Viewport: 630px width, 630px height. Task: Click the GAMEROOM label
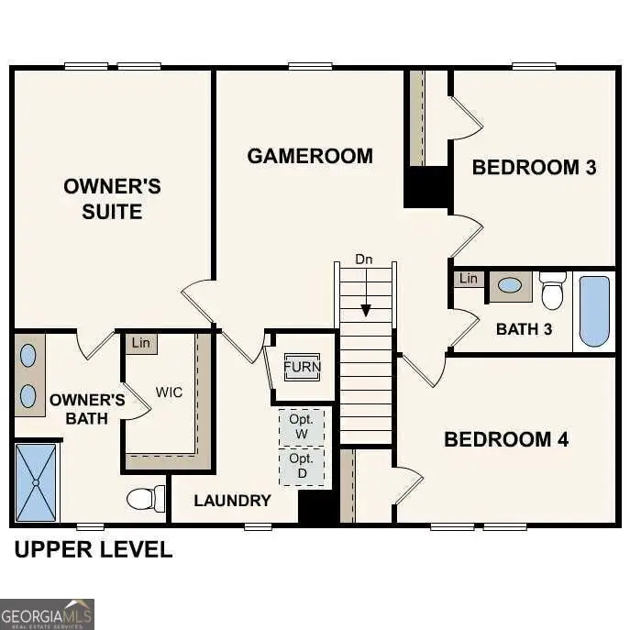point(310,156)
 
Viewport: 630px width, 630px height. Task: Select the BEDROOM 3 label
point(534,167)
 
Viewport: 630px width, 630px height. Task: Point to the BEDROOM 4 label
point(506,439)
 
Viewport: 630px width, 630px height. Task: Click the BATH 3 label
point(524,329)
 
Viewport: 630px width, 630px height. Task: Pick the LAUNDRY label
point(232,501)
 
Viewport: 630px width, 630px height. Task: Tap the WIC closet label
point(169,392)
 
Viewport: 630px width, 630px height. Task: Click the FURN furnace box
point(302,367)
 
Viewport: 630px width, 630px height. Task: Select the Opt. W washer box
point(302,426)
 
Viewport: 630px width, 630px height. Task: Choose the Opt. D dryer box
point(302,465)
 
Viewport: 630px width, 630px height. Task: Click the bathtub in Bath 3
point(594,311)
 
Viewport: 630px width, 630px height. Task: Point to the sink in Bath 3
point(510,285)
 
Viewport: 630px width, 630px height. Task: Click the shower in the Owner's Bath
point(36,481)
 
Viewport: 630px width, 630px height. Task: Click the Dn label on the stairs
point(364,260)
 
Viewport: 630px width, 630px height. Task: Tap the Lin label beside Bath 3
point(469,278)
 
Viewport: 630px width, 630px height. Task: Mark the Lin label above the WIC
point(140,343)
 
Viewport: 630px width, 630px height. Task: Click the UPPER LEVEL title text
point(93,550)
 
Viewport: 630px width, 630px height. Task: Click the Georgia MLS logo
point(47,613)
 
